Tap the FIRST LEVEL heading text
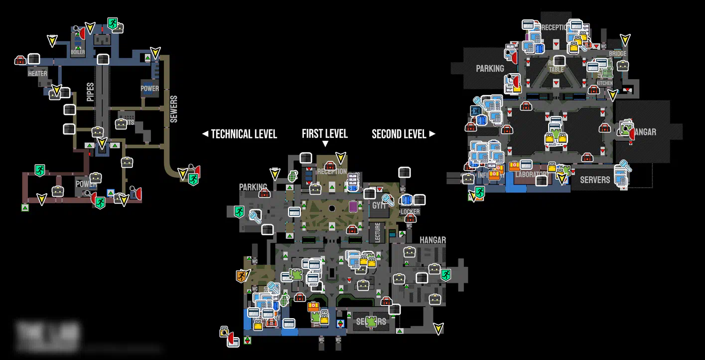coord(324,133)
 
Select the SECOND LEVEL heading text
coord(399,134)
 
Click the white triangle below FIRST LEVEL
coord(325,144)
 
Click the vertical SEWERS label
coord(173,109)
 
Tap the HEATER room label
coord(37,74)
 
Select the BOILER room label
coord(78,52)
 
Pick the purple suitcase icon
coord(353,206)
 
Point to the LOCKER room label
coord(410,212)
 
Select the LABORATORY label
coord(532,175)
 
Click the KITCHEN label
coord(604,83)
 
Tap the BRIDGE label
coord(617,54)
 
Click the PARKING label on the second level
coord(490,68)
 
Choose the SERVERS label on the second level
coord(595,179)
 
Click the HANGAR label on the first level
coord(432,240)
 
